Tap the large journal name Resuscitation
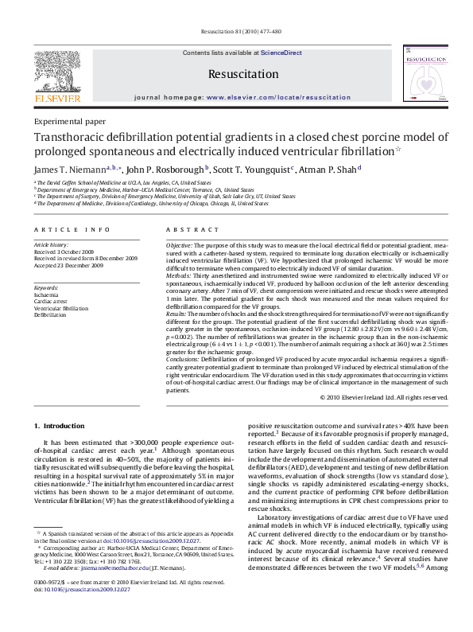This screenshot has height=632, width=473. point(235,74)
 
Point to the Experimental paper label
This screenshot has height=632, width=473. point(69,122)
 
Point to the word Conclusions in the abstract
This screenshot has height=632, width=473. point(184,359)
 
